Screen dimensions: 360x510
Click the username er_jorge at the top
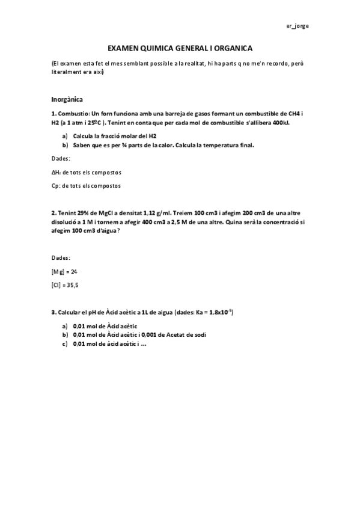(297, 26)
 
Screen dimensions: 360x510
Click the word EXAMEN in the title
(123, 48)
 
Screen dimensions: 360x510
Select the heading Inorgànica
(67, 99)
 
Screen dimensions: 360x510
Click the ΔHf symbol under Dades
(56, 172)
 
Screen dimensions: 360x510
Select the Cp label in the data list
(55, 186)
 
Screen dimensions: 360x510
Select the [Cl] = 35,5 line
(65, 285)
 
